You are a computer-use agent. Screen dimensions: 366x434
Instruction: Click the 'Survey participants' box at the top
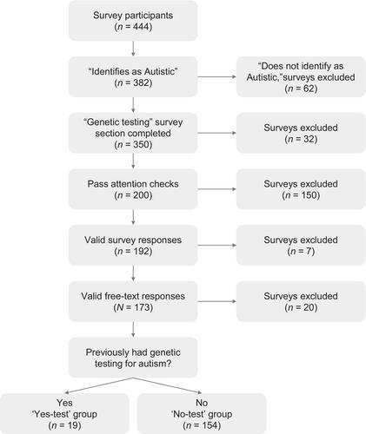tap(133, 21)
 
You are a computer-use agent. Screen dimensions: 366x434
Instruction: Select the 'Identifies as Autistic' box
tap(133, 76)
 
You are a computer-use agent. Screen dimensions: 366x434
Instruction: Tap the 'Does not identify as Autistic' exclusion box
tap(301, 76)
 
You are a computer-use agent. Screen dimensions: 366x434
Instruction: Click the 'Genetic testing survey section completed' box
tap(133, 133)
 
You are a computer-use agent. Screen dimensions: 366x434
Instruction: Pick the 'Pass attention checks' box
tap(133, 189)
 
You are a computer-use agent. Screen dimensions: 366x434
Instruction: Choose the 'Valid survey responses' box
tap(133, 245)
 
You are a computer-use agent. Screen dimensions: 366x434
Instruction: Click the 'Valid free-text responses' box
tap(133, 301)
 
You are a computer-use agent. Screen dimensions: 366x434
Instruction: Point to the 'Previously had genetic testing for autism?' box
tap(133, 358)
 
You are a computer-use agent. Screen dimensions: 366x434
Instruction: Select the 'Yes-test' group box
tap(64, 413)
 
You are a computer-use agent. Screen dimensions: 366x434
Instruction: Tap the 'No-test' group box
tap(202, 413)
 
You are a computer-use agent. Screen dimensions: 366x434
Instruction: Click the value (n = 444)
tap(133, 27)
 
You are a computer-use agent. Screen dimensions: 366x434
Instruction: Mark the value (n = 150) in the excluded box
tap(301, 195)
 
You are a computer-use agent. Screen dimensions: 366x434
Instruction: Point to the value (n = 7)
tap(301, 251)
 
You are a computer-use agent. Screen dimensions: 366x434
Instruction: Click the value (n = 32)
tap(301, 139)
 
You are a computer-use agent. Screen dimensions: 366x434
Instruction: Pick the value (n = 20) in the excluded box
tap(301, 307)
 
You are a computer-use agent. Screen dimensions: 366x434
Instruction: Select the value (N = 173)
tap(133, 307)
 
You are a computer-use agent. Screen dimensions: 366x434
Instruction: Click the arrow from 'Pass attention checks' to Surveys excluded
tap(217, 189)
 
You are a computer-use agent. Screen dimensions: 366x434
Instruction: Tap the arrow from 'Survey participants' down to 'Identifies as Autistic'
tap(133, 49)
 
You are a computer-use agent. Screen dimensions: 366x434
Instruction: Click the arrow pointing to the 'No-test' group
tap(167, 385)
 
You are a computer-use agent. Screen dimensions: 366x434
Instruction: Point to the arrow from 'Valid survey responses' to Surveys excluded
tap(217, 245)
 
